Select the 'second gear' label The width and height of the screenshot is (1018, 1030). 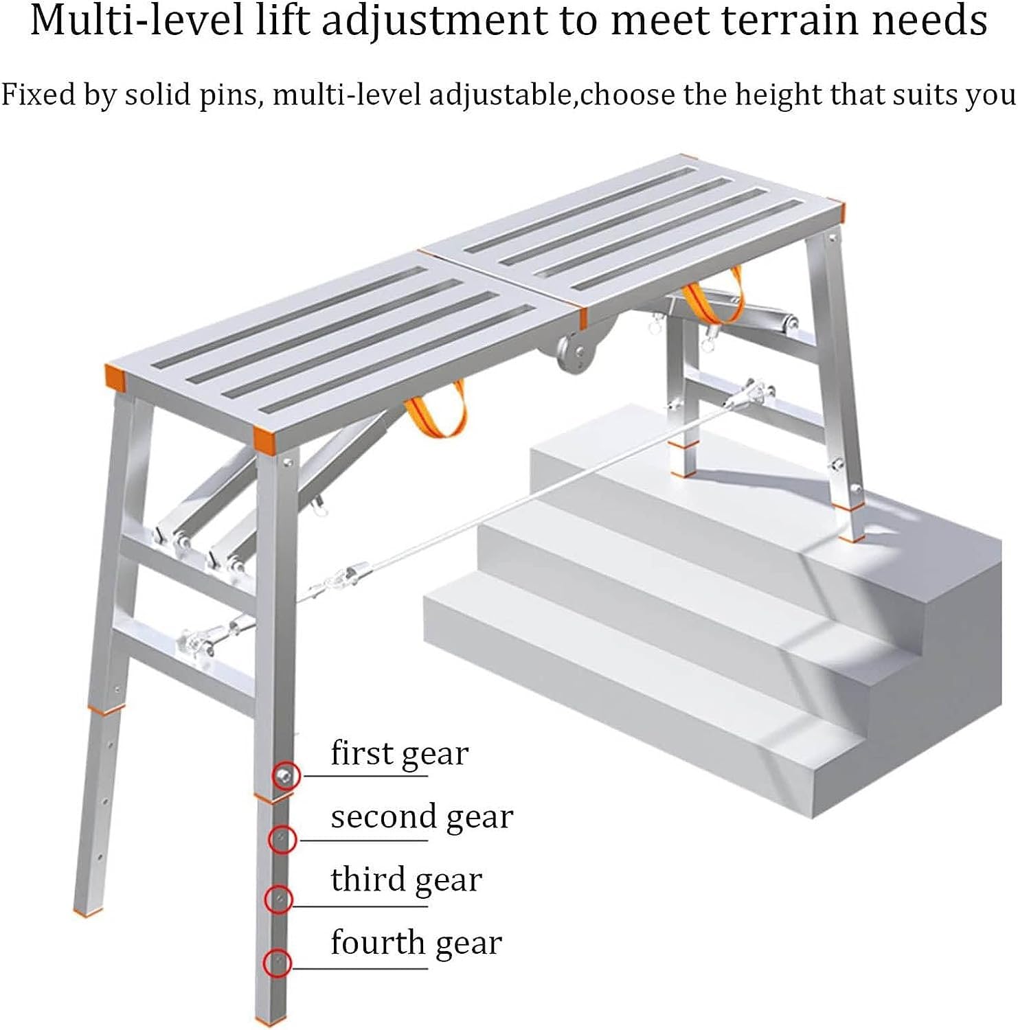[x=422, y=817]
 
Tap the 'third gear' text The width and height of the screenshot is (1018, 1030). [x=406, y=880]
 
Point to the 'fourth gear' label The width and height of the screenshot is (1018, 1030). [x=416, y=943]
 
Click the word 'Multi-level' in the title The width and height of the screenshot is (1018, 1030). [x=137, y=21]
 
